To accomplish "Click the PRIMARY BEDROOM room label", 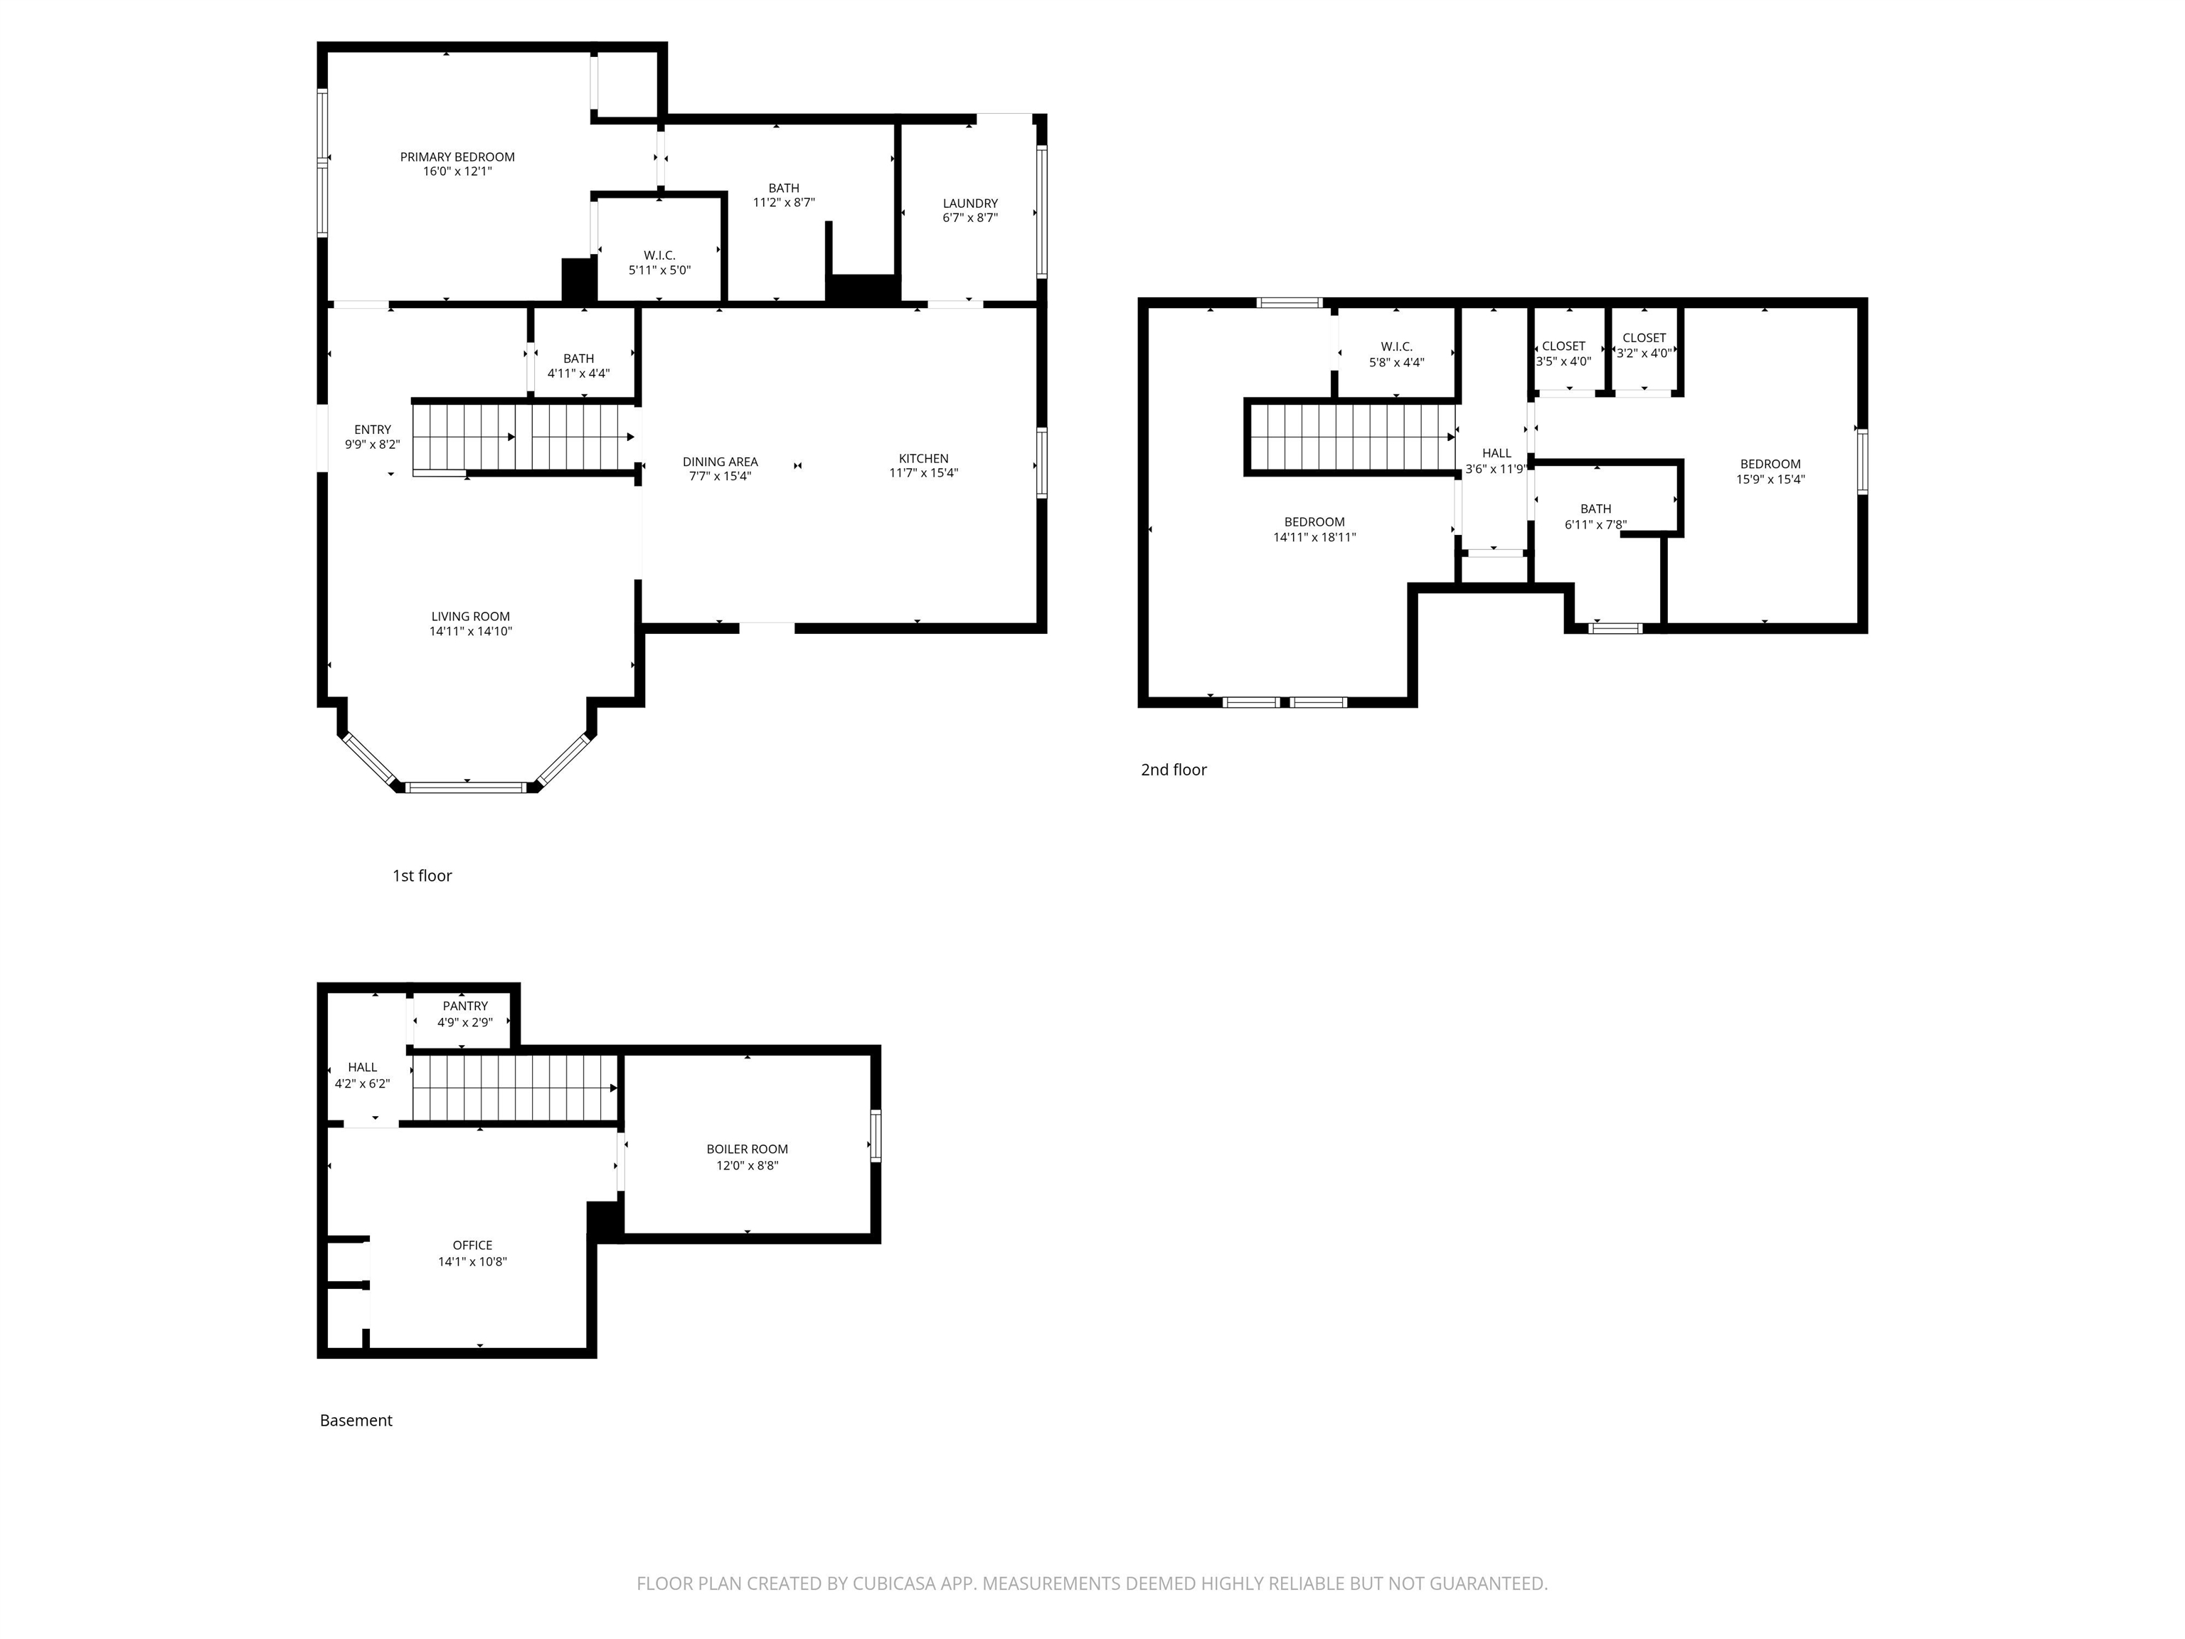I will (457, 157).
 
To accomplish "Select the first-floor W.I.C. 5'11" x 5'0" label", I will (659, 262).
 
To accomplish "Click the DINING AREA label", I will (719, 462).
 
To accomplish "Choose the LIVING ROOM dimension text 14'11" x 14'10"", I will (470, 631).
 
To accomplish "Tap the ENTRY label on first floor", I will (373, 430).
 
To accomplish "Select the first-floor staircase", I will (523, 437).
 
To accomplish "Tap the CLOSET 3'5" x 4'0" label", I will (1563, 354).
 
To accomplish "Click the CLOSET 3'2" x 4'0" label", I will (1644, 345).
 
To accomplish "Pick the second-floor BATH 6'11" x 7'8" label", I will (1595, 516).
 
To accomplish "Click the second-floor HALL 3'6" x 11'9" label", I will (1496, 460).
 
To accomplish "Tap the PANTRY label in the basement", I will (464, 1006).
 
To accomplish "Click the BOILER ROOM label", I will (746, 1149).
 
